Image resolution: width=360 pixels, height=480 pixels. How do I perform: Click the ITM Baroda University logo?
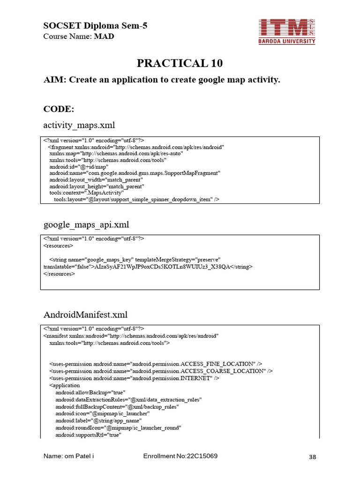287,31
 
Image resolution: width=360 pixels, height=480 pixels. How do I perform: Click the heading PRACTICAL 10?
180,63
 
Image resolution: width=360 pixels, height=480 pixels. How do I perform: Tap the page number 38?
314,457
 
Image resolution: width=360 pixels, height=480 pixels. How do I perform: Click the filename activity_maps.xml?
79,125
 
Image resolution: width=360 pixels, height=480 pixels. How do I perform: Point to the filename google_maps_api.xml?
86,225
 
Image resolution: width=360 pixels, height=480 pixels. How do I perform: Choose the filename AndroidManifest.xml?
85,314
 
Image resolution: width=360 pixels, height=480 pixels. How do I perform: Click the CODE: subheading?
59,109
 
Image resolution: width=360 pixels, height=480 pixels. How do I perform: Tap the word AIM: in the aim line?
55,80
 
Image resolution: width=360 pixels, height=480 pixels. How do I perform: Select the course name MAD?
104,36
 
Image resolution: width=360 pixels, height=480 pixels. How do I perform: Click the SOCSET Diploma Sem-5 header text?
95,26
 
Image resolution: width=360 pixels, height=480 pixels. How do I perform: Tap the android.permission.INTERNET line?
135,378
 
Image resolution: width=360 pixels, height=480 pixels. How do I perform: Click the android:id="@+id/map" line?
79,166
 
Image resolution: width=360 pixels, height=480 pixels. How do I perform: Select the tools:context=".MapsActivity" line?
87,193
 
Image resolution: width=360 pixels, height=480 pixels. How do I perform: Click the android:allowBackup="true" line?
90,392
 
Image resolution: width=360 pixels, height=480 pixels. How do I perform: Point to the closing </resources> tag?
59,274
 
